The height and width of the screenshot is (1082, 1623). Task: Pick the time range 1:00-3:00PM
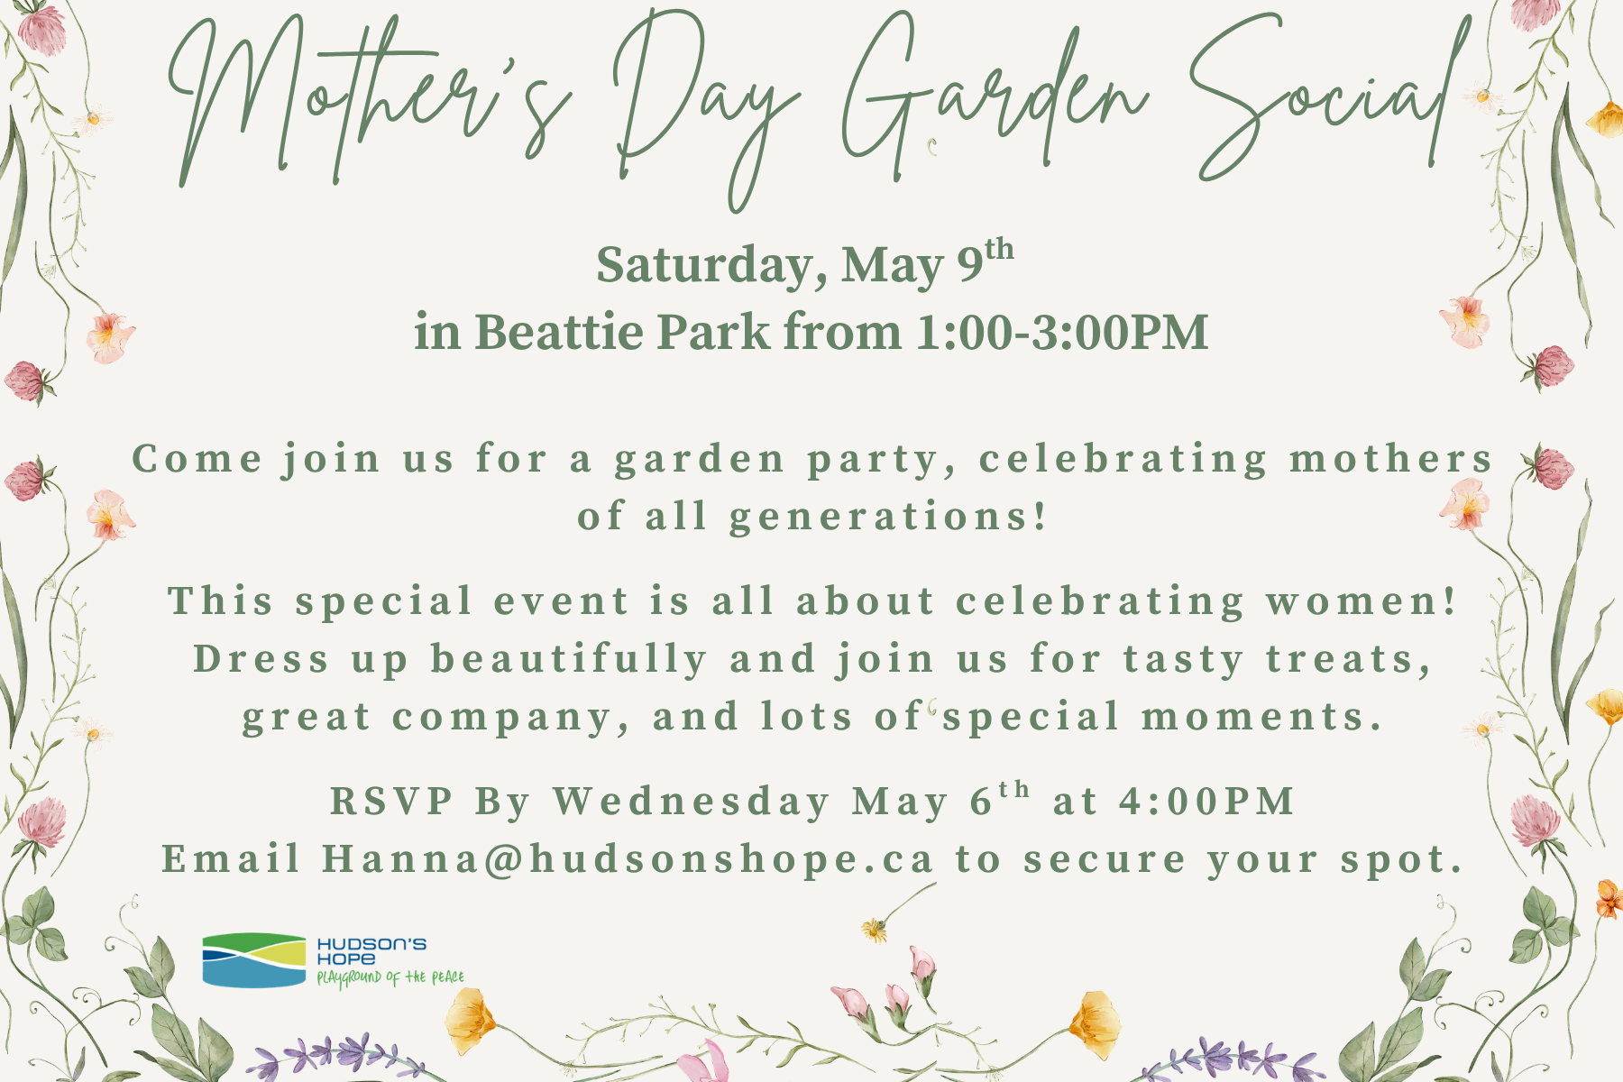tap(1062, 333)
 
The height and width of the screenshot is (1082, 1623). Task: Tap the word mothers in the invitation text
tap(1390, 459)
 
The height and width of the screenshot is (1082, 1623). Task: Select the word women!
tap(1362, 601)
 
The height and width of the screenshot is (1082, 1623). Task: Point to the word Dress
tap(261, 658)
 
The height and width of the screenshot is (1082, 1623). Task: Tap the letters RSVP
tap(392, 801)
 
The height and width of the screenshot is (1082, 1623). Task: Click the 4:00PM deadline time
tap(1206, 801)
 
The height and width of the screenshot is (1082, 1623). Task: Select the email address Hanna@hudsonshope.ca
tap(628, 859)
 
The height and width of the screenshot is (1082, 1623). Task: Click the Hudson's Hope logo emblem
tap(254, 960)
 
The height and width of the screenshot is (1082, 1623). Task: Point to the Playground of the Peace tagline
tap(390, 978)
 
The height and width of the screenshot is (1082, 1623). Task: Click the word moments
tap(1262, 718)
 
